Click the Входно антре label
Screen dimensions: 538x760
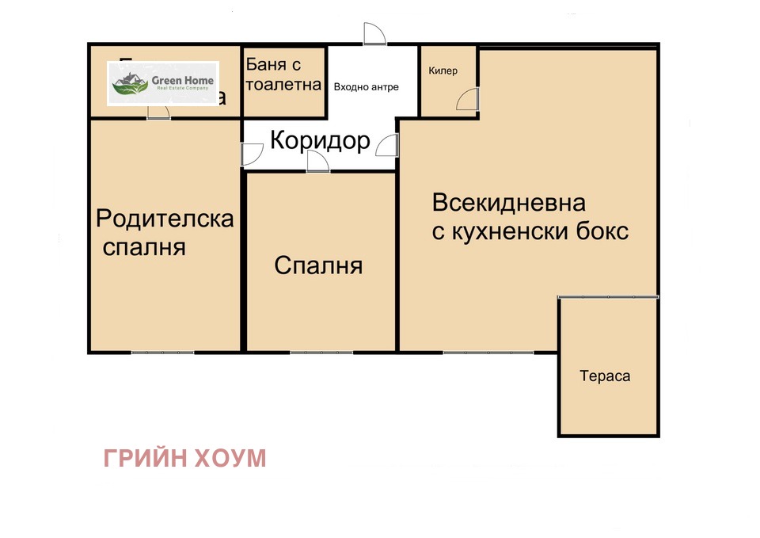366,87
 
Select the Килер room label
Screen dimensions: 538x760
443,71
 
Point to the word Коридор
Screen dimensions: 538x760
320,140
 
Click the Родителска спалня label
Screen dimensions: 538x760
164,232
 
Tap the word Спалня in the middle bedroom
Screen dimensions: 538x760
318,265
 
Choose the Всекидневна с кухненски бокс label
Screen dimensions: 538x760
530,217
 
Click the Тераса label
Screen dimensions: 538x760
605,376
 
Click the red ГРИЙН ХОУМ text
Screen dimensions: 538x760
184,458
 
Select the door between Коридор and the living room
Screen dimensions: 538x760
387,146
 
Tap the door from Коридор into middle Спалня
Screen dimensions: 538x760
317,162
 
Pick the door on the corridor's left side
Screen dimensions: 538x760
252,154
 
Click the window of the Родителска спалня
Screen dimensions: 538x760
163,352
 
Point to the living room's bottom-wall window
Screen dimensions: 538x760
474,352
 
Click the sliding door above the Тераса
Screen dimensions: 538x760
608,297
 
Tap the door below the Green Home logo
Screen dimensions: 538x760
158,112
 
